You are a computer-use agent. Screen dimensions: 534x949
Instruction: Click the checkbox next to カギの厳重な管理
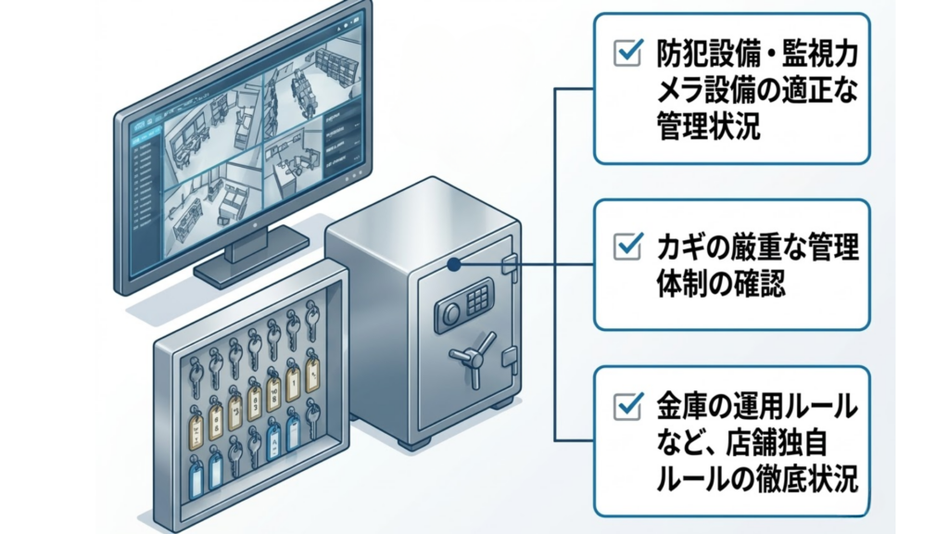[627, 246]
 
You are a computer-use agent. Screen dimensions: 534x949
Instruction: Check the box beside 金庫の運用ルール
[627, 404]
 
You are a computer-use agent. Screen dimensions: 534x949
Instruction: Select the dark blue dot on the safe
[453, 264]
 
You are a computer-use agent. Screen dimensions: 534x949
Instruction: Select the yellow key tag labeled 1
[294, 377]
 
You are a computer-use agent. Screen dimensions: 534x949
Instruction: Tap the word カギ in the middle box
[678, 247]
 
